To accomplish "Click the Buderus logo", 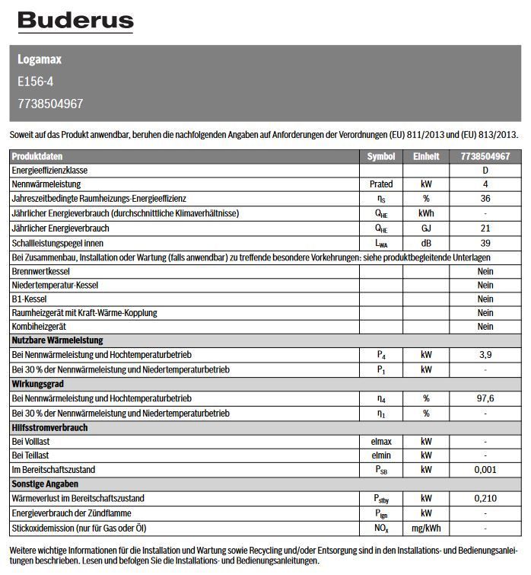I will click(x=75, y=22).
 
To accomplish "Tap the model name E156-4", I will click(x=36, y=81).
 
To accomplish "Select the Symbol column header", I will click(x=381, y=156).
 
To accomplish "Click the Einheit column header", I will click(x=426, y=156).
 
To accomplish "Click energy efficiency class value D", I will click(x=485, y=171).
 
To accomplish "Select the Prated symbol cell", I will click(x=381, y=185).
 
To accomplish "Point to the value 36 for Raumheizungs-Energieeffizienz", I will click(x=485, y=200).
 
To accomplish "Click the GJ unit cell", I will click(x=426, y=228).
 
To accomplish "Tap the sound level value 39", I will click(x=485, y=243).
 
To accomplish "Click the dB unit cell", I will click(x=426, y=243).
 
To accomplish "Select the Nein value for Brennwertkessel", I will click(x=485, y=271).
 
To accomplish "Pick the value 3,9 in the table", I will click(x=485, y=356).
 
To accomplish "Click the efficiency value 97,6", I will click(x=485, y=399).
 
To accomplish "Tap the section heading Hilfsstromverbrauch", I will click(x=49, y=428).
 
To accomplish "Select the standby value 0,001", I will click(x=485, y=471).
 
